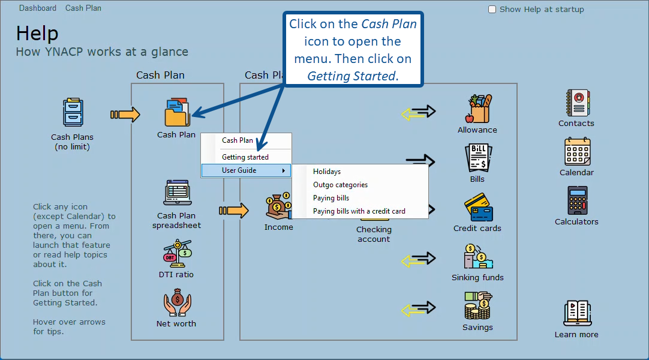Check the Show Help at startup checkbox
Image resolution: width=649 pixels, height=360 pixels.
point(492,9)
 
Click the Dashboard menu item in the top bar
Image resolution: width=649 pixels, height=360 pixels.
point(38,8)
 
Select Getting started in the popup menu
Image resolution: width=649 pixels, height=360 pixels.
point(245,157)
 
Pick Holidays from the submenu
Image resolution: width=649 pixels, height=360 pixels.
point(327,172)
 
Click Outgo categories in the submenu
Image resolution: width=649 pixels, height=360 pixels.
point(340,185)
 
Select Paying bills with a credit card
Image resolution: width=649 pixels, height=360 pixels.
point(359,211)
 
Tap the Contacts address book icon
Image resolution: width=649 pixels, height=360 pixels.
point(578,103)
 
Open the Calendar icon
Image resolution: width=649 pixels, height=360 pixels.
point(578,151)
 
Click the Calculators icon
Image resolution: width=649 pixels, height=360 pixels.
point(577,200)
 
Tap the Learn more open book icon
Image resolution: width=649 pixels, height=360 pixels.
point(578,313)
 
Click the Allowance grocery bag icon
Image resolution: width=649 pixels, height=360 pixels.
point(479,109)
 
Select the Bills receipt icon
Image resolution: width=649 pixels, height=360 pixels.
point(479,158)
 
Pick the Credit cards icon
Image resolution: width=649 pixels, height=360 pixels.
point(479,208)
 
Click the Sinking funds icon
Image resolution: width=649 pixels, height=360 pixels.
point(479,257)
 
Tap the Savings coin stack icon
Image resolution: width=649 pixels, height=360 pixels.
point(477,305)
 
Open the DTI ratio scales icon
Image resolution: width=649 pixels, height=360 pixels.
point(178,253)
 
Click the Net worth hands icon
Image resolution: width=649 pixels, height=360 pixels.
point(177,302)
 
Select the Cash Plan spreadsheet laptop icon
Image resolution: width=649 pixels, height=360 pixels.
point(178,193)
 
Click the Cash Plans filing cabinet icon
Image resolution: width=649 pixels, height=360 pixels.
point(73,112)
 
